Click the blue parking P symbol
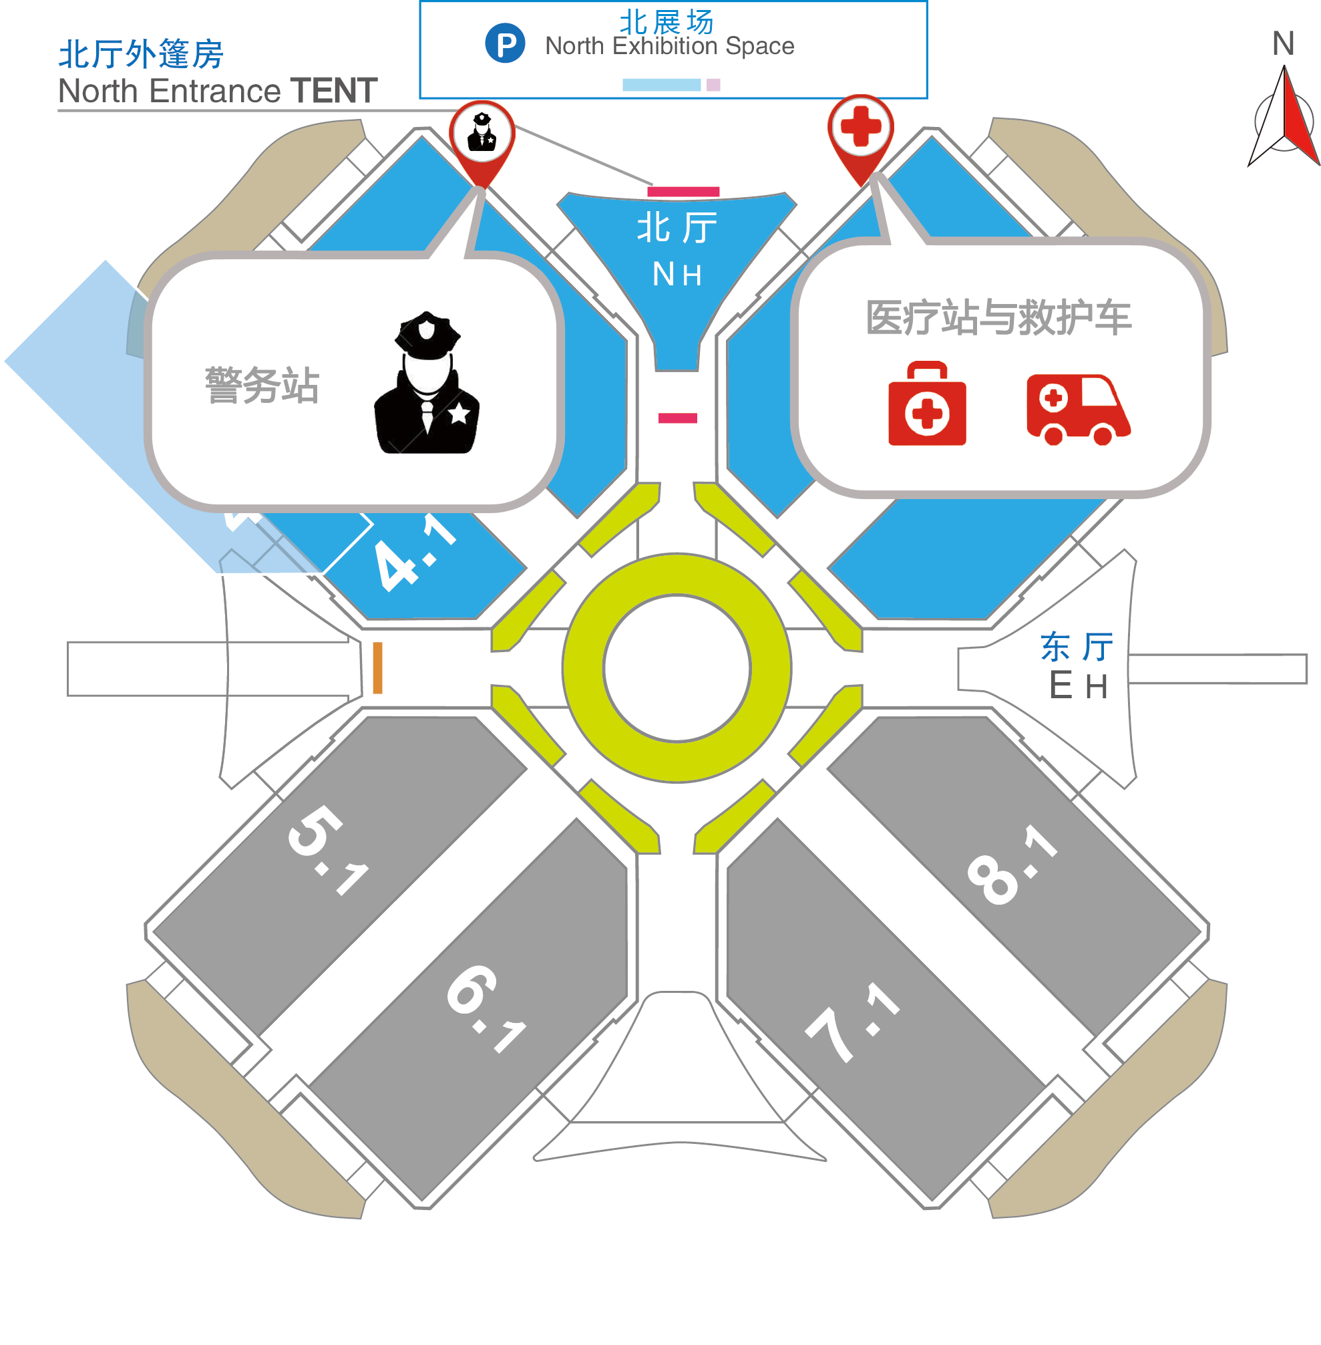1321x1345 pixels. [x=505, y=43]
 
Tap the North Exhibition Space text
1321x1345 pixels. [x=670, y=46]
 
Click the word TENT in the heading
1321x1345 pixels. [x=334, y=91]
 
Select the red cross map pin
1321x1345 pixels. [x=860, y=128]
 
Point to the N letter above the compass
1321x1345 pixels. [x=1283, y=43]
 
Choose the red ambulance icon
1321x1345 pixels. [x=1077, y=410]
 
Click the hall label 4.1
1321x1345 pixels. [x=414, y=553]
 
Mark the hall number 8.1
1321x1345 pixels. [x=1012, y=865]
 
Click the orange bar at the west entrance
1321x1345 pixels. [x=377, y=667]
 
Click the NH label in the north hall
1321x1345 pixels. [x=677, y=274]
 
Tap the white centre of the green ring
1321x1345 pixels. [x=677, y=667]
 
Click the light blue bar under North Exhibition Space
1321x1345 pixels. [x=661, y=85]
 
